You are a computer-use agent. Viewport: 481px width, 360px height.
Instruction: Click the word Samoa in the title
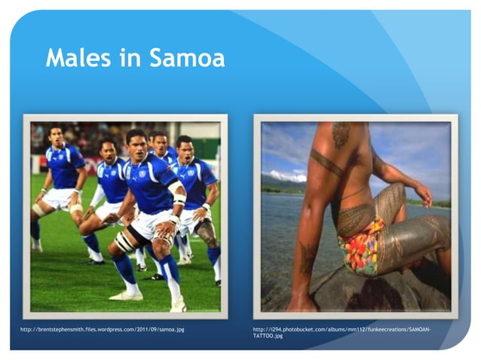pos(187,58)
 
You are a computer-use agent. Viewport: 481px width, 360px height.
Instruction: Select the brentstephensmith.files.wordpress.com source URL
pos(103,330)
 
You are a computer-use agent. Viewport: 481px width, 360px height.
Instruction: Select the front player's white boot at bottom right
pos(178,305)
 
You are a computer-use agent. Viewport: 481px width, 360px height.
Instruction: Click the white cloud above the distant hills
pos(282,176)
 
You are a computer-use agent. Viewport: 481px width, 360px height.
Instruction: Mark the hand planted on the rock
pos(302,301)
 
